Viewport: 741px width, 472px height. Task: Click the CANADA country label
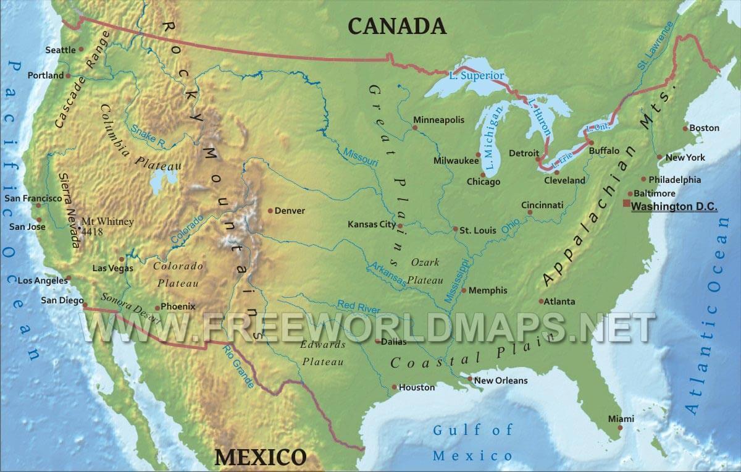pos(396,25)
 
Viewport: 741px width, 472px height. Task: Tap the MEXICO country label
pos(260,457)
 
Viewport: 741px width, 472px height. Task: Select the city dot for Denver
pos(270,211)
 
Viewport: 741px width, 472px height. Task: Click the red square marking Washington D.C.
pos(626,203)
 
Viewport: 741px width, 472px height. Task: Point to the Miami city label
pos(621,419)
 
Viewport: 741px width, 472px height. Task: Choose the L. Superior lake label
pos(477,76)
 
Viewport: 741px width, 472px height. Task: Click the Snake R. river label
pos(148,135)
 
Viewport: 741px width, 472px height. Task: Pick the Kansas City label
pos(371,224)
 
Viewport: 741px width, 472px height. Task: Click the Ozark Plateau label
pos(423,271)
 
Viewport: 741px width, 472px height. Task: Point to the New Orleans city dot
pos(470,379)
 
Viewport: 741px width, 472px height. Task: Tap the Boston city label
pos(704,128)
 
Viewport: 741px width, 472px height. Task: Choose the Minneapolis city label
pos(438,120)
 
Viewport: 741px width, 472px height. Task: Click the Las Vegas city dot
pos(122,259)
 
